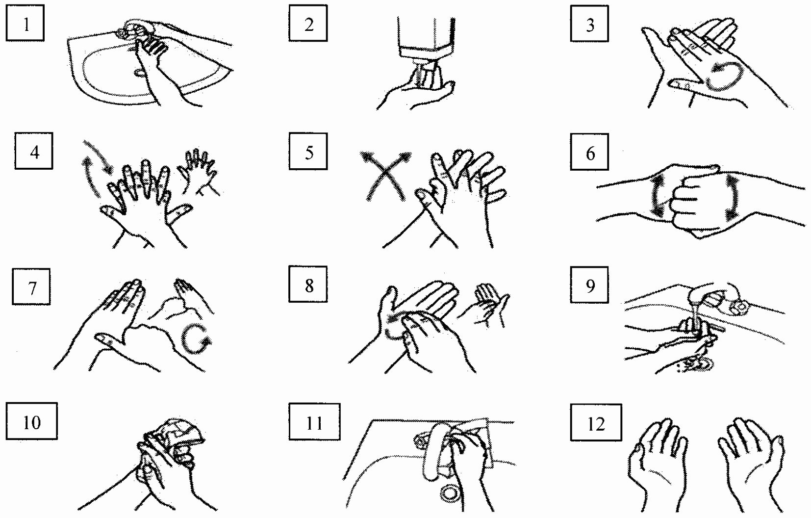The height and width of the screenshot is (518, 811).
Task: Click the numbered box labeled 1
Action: [25, 23]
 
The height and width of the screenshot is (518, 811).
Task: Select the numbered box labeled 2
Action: [308, 23]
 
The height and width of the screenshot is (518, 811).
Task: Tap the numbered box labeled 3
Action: [589, 24]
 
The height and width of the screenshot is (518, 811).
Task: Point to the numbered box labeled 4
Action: [34, 151]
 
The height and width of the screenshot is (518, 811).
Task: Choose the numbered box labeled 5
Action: [308, 151]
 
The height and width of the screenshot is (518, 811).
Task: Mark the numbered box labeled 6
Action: [589, 152]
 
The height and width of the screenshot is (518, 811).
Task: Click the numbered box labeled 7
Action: [31, 286]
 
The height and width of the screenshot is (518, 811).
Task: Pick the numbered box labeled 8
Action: [308, 284]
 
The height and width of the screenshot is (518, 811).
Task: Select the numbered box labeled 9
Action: [589, 285]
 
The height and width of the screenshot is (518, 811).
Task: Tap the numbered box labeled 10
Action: [31, 421]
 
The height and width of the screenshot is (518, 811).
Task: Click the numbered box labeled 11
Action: [314, 422]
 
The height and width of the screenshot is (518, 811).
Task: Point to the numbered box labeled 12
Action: [596, 422]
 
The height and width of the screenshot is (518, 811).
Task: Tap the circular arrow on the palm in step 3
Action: [724, 76]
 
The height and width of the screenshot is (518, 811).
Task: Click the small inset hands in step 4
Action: [199, 172]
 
